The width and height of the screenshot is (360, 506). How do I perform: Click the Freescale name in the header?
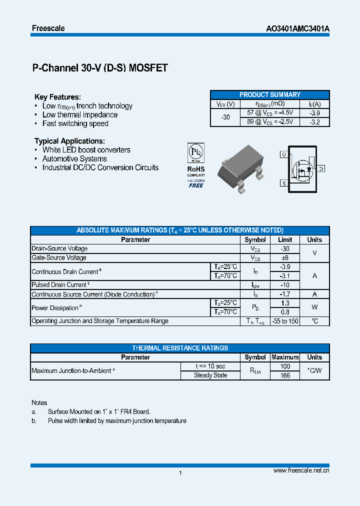point(48,28)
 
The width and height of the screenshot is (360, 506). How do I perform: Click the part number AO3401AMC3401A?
point(297,29)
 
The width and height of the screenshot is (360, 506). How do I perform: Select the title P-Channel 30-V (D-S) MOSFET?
point(100,68)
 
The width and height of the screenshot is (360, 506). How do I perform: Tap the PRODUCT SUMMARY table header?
point(270,94)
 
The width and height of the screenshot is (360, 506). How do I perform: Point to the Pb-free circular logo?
point(195,151)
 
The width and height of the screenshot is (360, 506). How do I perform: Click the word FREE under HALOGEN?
point(195,185)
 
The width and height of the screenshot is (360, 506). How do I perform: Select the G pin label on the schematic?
point(283,154)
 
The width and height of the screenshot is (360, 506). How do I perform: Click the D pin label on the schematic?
point(321,169)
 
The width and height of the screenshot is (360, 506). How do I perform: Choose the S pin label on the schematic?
point(283,183)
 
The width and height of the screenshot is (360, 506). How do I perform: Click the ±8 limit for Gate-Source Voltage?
point(284,258)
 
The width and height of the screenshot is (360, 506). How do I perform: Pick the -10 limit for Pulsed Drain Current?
point(284,285)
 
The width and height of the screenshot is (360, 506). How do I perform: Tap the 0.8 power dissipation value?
point(284,312)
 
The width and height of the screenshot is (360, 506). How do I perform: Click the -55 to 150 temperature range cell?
point(284,321)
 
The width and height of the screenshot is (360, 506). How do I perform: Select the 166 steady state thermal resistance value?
point(285,375)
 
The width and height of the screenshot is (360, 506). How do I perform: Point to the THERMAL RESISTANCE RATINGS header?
point(180,348)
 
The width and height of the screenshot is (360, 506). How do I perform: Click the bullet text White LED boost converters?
point(86,150)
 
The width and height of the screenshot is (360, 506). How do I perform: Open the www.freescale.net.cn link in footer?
point(301,471)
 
